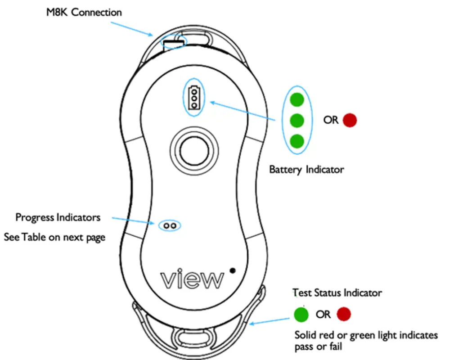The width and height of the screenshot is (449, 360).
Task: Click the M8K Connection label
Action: [84, 12]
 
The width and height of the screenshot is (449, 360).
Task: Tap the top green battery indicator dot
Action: [297, 99]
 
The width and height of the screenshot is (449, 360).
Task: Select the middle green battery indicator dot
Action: [297, 121]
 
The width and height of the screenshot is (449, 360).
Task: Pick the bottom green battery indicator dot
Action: [297, 141]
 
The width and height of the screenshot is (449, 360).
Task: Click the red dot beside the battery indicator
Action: [350, 120]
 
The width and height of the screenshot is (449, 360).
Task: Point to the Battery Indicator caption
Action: [306, 170]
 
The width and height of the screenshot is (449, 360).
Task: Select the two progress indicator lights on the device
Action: [170, 225]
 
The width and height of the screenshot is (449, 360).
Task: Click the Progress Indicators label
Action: [58, 218]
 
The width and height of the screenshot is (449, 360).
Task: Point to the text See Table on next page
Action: [54, 237]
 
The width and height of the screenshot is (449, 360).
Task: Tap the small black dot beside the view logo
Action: [232, 270]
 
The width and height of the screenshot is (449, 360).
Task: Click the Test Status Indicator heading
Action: [337, 293]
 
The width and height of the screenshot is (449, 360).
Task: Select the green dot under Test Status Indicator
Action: [301, 314]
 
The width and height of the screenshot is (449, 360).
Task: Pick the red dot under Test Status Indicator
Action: [344, 314]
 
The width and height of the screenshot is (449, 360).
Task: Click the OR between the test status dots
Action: [323, 314]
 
